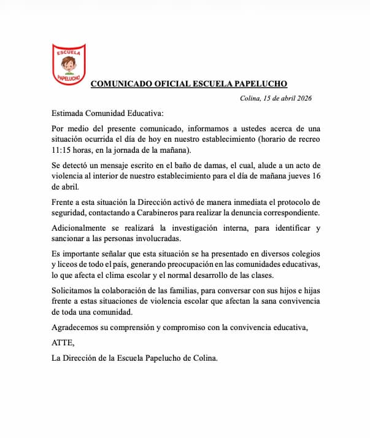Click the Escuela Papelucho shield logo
(x=68, y=64)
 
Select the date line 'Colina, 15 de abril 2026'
(x=276, y=99)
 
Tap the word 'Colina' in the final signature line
(x=203, y=358)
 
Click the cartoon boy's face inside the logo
(x=68, y=64)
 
